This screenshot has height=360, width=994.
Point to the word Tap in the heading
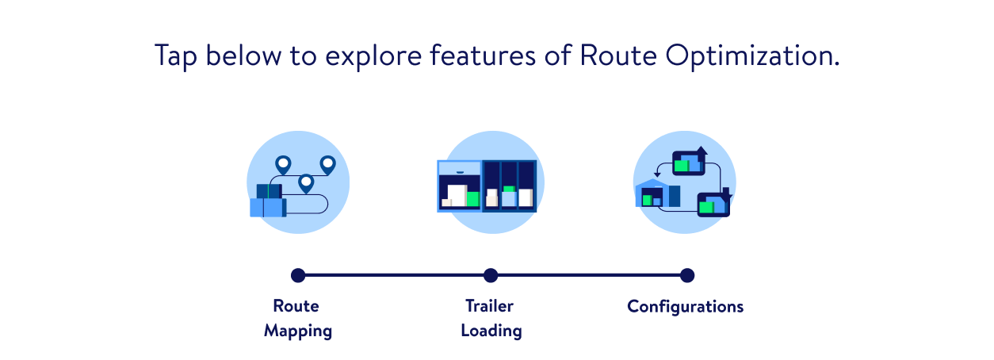(173, 56)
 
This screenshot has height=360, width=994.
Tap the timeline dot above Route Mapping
(298, 275)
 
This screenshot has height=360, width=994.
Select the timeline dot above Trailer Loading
(491, 275)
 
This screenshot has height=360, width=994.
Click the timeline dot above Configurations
(687, 275)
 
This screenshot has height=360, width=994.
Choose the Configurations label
(685, 306)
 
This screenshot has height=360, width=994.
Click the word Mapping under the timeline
(298, 331)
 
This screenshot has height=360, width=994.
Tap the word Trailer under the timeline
(489, 305)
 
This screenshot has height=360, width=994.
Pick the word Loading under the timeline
(491, 331)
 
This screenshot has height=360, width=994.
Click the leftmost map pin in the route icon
(283, 164)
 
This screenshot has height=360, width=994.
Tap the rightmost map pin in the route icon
(327, 164)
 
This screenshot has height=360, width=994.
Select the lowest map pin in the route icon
(306, 183)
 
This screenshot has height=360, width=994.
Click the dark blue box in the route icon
(269, 191)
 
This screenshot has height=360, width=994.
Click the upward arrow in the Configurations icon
(702, 151)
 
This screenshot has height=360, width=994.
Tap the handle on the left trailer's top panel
(460, 172)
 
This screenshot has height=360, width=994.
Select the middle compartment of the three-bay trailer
(509, 186)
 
